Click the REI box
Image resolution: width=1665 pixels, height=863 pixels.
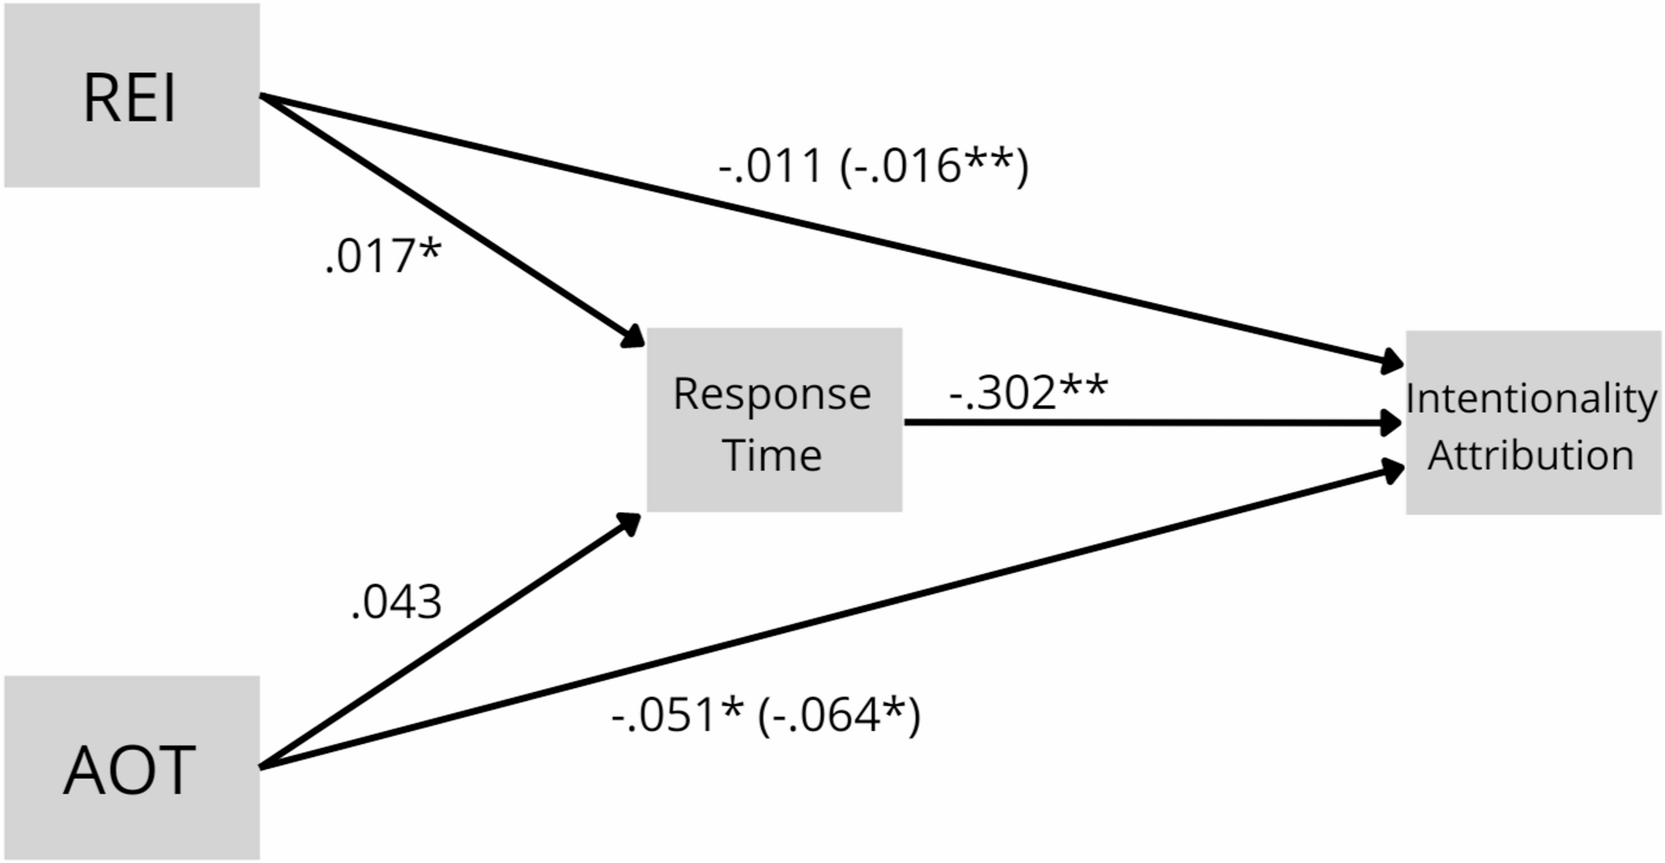(x=132, y=96)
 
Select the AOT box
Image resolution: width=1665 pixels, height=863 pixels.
(x=132, y=768)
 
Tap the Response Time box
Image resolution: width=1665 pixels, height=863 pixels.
(x=774, y=420)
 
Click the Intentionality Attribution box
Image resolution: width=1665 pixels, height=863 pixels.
(x=1534, y=422)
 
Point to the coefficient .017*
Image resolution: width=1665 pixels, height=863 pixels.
(x=383, y=256)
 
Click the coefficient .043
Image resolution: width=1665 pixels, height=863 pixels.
(x=397, y=602)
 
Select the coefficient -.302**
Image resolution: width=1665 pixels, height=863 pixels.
(x=1028, y=392)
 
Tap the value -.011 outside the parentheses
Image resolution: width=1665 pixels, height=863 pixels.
(x=770, y=166)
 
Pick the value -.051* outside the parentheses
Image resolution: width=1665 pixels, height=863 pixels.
(x=677, y=716)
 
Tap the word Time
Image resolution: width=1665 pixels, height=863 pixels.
(x=773, y=455)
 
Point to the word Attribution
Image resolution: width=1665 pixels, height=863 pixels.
(x=1531, y=455)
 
